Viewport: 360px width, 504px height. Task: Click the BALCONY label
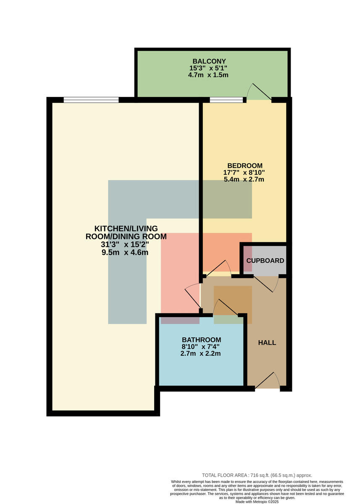click(209, 61)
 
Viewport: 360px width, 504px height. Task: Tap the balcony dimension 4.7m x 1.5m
click(208, 75)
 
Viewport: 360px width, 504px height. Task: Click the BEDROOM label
click(245, 165)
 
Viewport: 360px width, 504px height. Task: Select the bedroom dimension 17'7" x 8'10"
click(244, 173)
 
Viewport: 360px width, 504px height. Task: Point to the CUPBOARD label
click(265, 260)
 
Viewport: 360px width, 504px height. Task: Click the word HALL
click(267, 343)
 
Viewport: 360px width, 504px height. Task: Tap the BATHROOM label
click(201, 339)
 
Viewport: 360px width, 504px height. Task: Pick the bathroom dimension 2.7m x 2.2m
click(200, 354)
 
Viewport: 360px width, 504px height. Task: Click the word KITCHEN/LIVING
click(126, 228)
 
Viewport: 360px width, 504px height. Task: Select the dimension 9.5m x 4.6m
click(125, 252)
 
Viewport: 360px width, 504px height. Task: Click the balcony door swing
click(259, 92)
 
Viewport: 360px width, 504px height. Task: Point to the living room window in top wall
click(91, 100)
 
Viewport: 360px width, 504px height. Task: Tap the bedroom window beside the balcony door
click(226, 100)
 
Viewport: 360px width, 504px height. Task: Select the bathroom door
click(226, 307)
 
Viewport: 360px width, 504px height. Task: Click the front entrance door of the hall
click(268, 381)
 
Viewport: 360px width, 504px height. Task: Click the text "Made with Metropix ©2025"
click(257, 502)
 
